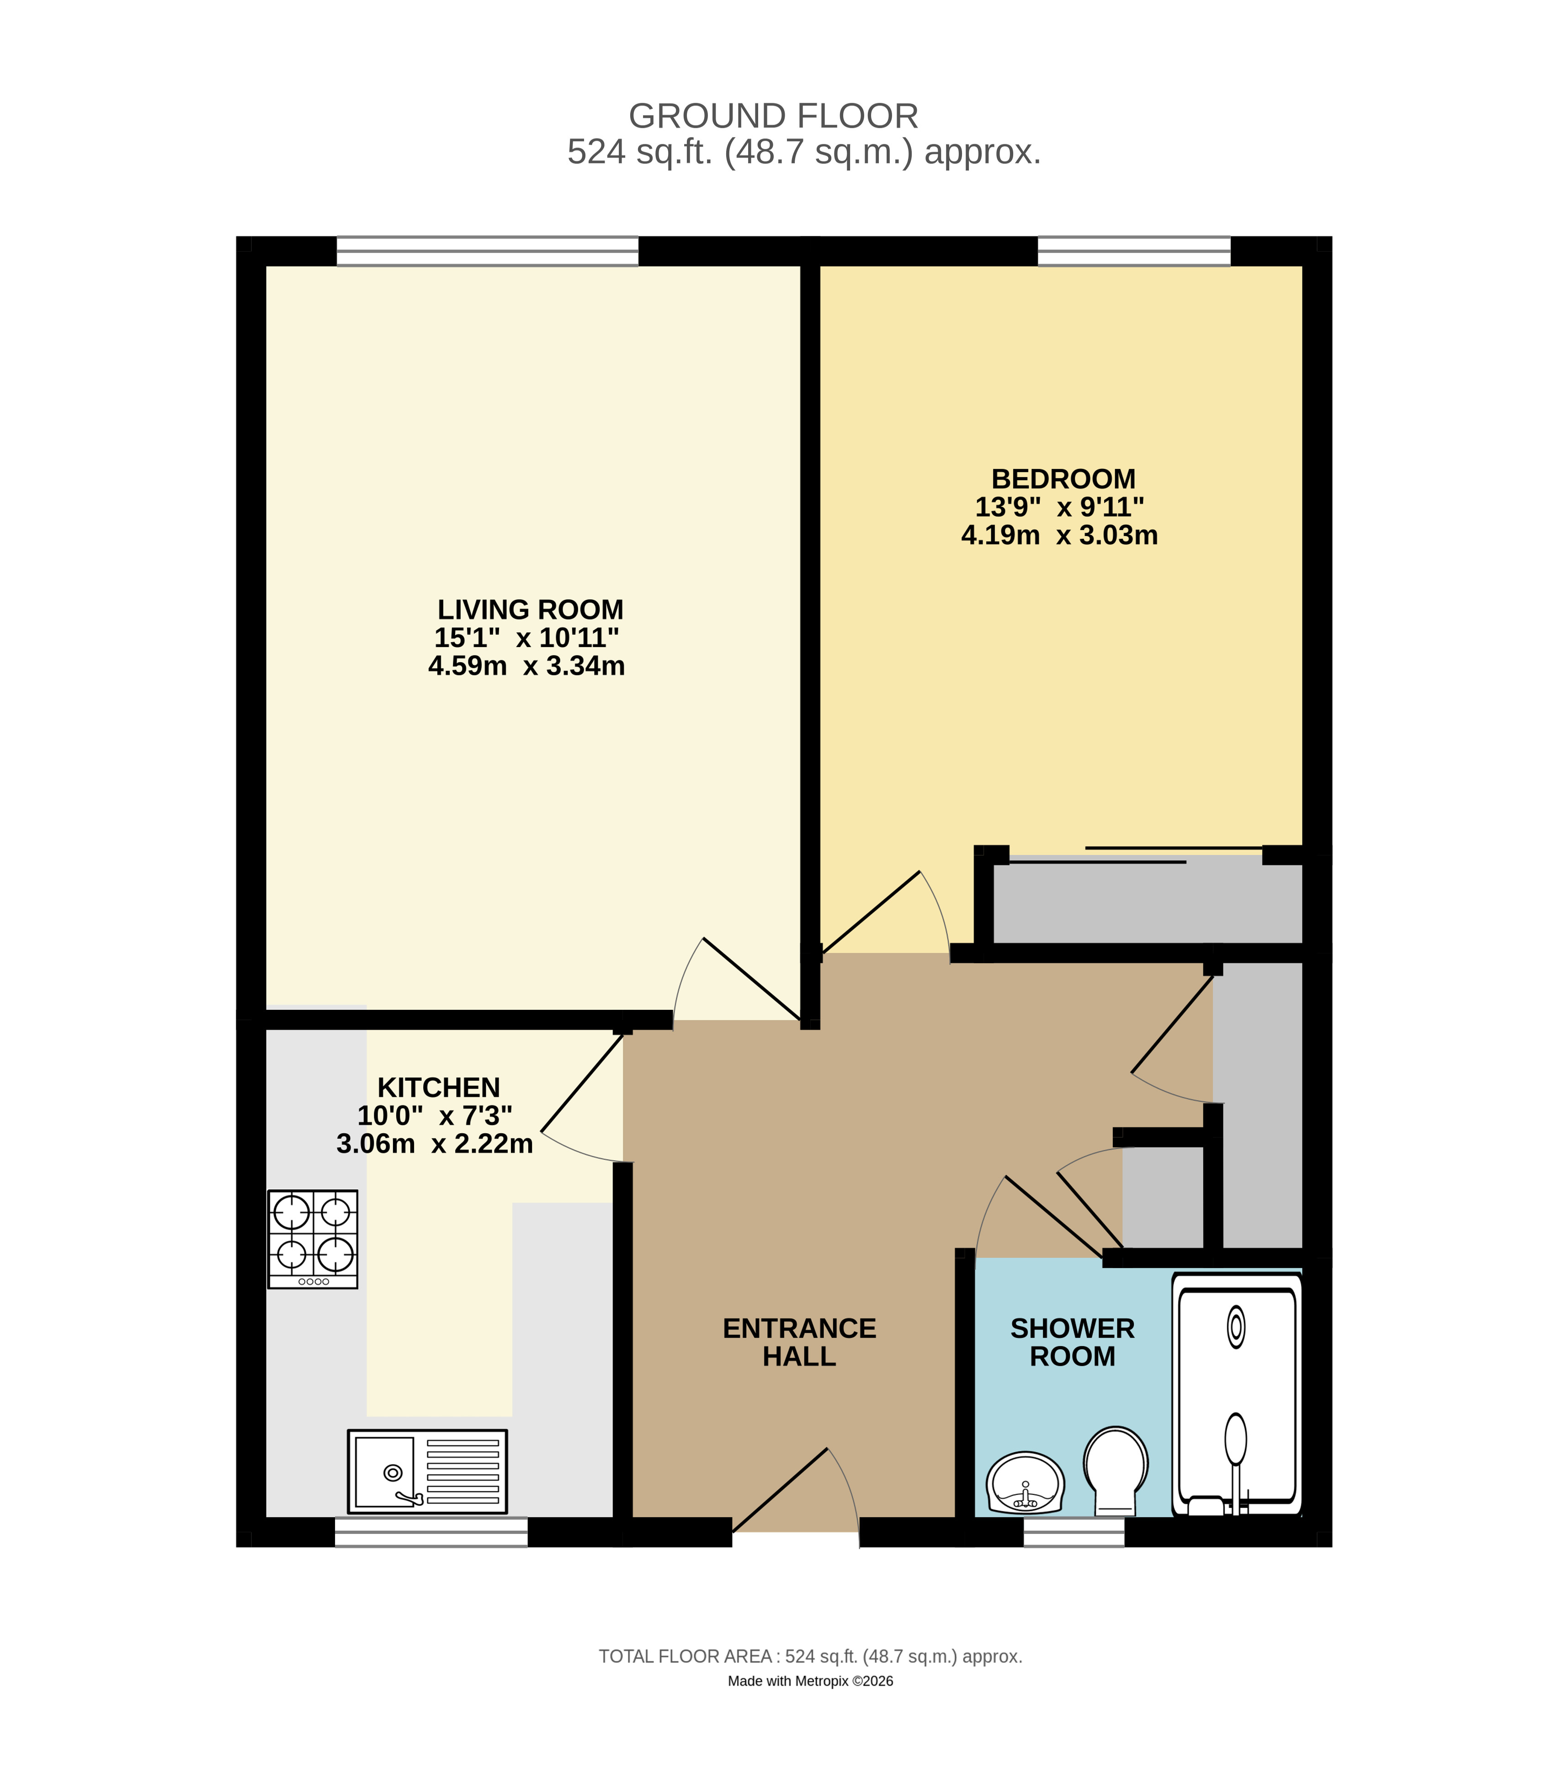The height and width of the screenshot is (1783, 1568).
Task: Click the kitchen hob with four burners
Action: (x=313, y=1239)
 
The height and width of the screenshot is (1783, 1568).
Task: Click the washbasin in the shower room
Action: (x=1025, y=1483)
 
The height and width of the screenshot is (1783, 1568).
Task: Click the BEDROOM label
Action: (x=1063, y=479)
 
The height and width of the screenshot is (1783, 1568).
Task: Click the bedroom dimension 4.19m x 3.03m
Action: (x=1058, y=535)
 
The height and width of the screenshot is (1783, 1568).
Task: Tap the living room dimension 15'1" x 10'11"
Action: (x=526, y=637)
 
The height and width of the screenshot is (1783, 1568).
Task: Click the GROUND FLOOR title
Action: (x=773, y=116)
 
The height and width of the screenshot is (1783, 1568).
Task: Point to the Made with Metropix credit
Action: (x=810, y=1681)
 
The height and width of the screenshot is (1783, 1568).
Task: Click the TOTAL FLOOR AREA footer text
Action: (x=810, y=1656)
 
